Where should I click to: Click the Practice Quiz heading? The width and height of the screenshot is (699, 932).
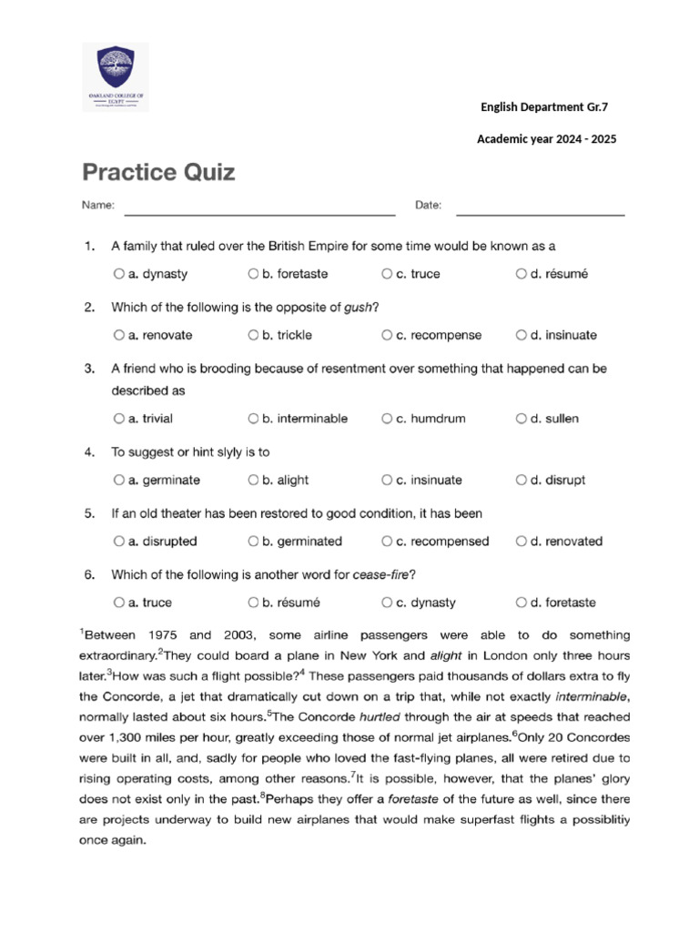(x=159, y=172)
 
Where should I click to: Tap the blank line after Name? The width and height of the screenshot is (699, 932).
(x=259, y=212)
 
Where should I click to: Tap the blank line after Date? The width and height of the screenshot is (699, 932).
(x=540, y=212)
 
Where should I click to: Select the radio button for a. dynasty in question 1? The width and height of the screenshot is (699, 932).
(x=119, y=273)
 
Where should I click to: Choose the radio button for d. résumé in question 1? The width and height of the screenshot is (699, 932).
(x=521, y=273)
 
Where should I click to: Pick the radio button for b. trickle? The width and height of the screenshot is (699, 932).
(x=253, y=335)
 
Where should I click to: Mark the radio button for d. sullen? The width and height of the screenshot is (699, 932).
(x=521, y=419)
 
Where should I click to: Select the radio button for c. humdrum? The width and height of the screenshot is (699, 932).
(x=387, y=419)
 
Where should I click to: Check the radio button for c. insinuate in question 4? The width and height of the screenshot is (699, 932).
(x=387, y=480)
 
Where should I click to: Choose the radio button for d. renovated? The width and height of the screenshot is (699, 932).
(x=521, y=541)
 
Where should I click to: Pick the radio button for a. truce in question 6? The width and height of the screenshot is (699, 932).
(x=119, y=602)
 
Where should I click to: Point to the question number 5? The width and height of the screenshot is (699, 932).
(x=88, y=513)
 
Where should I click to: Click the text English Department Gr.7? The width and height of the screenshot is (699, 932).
(x=543, y=107)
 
